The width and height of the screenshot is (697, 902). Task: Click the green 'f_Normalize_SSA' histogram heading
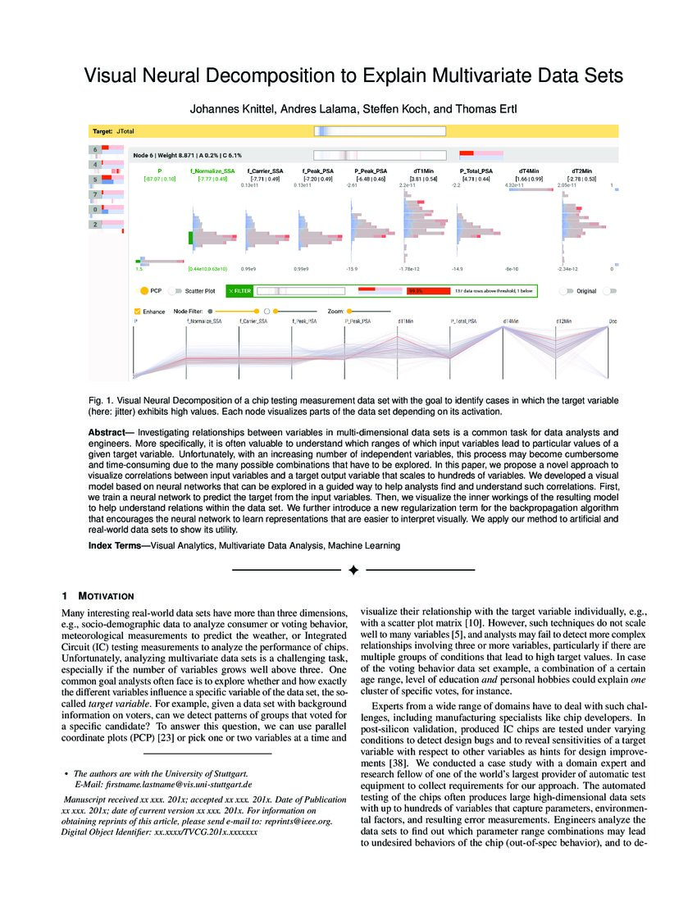coord(212,171)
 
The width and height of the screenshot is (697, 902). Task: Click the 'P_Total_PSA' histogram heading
coord(476,171)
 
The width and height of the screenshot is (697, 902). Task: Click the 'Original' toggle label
coord(586,290)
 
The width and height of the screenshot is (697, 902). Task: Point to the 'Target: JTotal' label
coord(114,130)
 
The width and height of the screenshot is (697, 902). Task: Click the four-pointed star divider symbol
coord(353,569)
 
